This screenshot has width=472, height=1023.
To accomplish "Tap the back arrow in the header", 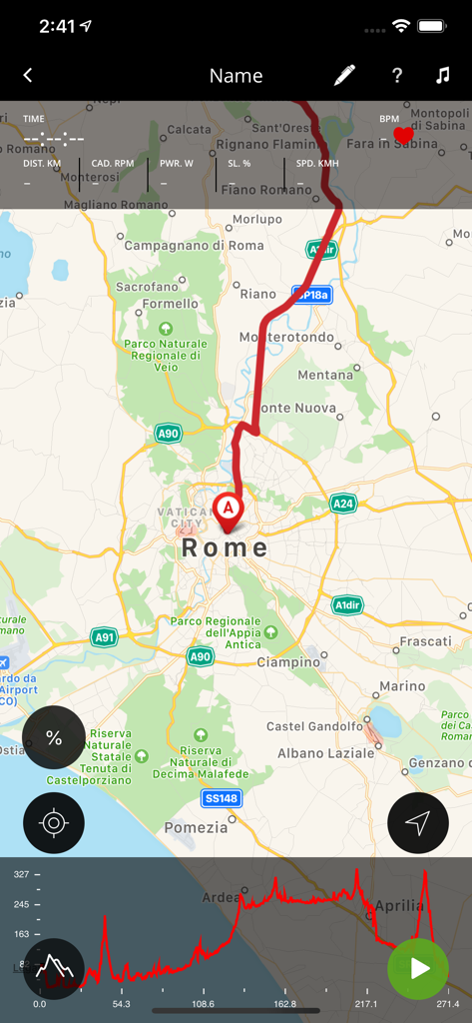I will [x=28, y=76].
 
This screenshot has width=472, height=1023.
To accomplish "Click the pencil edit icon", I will [x=344, y=76].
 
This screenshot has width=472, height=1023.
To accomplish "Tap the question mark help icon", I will [x=397, y=76].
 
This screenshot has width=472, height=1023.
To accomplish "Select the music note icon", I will [x=443, y=76].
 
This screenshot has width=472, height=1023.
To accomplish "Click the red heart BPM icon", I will [x=403, y=135].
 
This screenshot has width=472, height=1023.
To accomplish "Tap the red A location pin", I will [x=228, y=511].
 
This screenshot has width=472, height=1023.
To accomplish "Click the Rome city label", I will [x=226, y=547].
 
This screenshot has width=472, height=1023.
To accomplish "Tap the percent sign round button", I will [x=54, y=738].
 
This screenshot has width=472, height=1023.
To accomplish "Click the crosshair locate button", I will [x=54, y=823].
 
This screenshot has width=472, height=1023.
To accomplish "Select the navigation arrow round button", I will [x=418, y=823].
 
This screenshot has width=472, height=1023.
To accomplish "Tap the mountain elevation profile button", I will [x=54, y=968].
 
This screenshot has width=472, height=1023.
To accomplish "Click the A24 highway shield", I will [x=343, y=504].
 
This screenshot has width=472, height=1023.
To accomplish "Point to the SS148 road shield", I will [x=222, y=798].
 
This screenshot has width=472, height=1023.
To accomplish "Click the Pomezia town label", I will [x=196, y=827].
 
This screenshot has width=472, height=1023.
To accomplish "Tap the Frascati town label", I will [x=425, y=640].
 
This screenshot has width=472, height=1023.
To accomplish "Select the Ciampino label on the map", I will [x=287, y=661].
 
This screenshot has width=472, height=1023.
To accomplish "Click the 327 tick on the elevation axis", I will [x=21, y=874].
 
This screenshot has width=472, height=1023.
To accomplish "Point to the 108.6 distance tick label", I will [x=203, y=1004].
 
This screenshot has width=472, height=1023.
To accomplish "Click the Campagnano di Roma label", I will [x=194, y=245].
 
